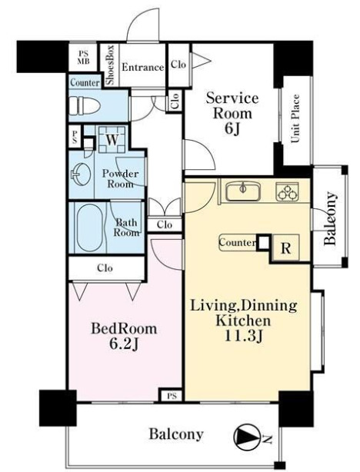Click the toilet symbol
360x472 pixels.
click(84, 105)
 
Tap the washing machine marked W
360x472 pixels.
click(112, 139)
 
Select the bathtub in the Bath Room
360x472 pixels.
click(89, 228)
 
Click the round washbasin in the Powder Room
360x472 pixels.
click(81, 174)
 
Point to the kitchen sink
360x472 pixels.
click(243, 191)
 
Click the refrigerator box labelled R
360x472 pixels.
click(285, 248)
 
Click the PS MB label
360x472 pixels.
click(83, 57)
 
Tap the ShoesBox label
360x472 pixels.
click(110, 65)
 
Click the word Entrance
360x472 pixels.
click(143, 67)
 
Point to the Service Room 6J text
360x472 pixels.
click(232, 114)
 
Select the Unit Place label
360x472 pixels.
click(295, 118)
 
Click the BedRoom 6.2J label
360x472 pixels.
click(124, 336)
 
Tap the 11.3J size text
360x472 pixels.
click(245, 336)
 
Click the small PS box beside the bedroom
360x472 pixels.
click(172, 397)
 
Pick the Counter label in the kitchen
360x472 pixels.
click(238, 242)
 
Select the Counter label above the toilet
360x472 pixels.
click(85, 82)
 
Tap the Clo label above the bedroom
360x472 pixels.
click(105, 268)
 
